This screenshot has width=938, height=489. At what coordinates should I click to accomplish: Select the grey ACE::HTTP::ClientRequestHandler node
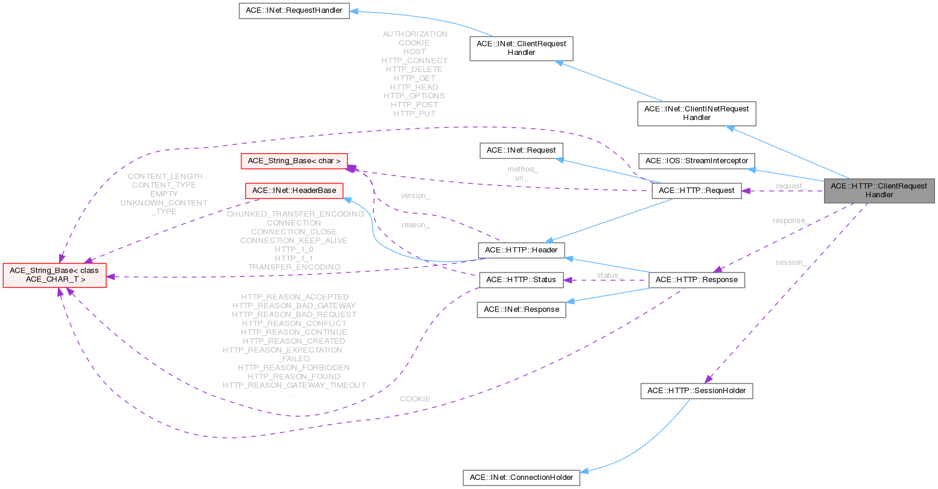(x=879, y=191)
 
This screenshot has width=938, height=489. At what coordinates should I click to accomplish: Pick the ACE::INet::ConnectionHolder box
(x=521, y=478)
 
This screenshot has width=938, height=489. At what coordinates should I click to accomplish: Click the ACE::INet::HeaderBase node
(x=294, y=191)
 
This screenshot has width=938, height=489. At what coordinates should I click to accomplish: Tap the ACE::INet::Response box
(x=521, y=310)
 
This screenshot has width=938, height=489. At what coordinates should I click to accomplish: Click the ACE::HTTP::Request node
(x=696, y=191)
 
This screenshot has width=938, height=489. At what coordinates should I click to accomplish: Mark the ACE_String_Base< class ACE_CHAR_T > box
(x=55, y=275)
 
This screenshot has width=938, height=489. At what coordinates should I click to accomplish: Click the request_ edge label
(x=791, y=186)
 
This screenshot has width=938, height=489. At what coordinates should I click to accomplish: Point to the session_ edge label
(x=791, y=262)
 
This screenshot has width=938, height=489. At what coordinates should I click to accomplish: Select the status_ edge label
(x=609, y=275)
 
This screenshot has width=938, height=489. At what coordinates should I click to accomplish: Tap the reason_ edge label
(x=416, y=225)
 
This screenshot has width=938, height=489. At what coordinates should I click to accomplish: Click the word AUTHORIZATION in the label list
(x=414, y=34)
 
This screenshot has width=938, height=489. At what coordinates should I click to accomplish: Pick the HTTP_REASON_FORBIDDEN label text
(x=294, y=367)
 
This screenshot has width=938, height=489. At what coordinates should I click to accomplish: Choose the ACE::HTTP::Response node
(x=696, y=280)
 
